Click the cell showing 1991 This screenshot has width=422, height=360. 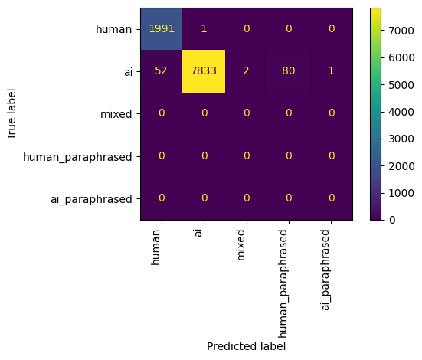pyautogui.click(x=161, y=28)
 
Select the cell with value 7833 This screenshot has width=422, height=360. pyautogui.click(x=204, y=71)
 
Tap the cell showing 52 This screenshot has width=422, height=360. pyautogui.click(x=161, y=71)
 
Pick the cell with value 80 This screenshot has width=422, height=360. pyautogui.click(x=289, y=71)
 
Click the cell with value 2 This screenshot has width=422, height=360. pyautogui.click(x=246, y=71)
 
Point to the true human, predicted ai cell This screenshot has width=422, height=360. pyautogui.click(x=204, y=28)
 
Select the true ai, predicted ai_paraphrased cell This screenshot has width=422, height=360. pyautogui.click(x=331, y=71)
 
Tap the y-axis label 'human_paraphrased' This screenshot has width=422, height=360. pyautogui.click(x=78, y=156)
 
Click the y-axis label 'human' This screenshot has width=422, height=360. pyautogui.click(x=114, y=28)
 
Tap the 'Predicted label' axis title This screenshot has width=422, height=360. pyautogui.click(x=246, y=346)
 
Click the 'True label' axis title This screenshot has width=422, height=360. pyautogui.click(x=11, y=114)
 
